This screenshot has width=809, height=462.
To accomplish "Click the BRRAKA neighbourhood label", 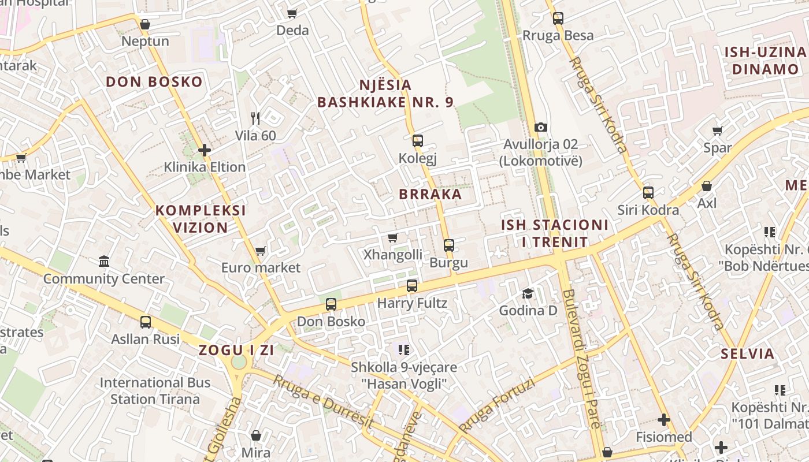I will (x=431, y=194).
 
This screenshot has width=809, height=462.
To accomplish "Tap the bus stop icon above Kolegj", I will (x=418, y=141).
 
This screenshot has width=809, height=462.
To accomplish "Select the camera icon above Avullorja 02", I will (x=541, y=127).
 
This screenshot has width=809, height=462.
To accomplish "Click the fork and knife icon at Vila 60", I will (x=255, y=118).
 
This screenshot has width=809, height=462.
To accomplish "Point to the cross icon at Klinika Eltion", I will (x=204, y=150).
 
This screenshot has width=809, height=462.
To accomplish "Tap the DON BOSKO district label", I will (x=154, y=81).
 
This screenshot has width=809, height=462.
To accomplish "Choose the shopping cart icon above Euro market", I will (x=261, y=251).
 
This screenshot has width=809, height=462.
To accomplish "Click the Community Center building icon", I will (x=104, y=262).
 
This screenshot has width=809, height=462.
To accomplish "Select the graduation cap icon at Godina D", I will (x=528, y=294).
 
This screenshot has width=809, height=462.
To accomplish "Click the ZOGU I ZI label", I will (x=236, y=350).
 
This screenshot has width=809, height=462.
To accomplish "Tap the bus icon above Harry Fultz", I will (x=412, y=285).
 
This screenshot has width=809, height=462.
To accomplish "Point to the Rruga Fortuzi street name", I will (x=496, y=406).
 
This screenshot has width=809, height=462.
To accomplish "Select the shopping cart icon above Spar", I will (x=718, y=131).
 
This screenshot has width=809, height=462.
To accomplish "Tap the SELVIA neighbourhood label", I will (x=748, y=353).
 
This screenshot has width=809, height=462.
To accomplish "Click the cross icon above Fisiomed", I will (x=664, y=420).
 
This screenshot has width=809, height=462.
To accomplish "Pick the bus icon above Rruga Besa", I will (x=558, y=18).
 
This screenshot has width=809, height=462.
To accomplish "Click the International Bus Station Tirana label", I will (x=155, y=390).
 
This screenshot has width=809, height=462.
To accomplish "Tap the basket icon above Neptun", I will (x=145, y=24).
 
